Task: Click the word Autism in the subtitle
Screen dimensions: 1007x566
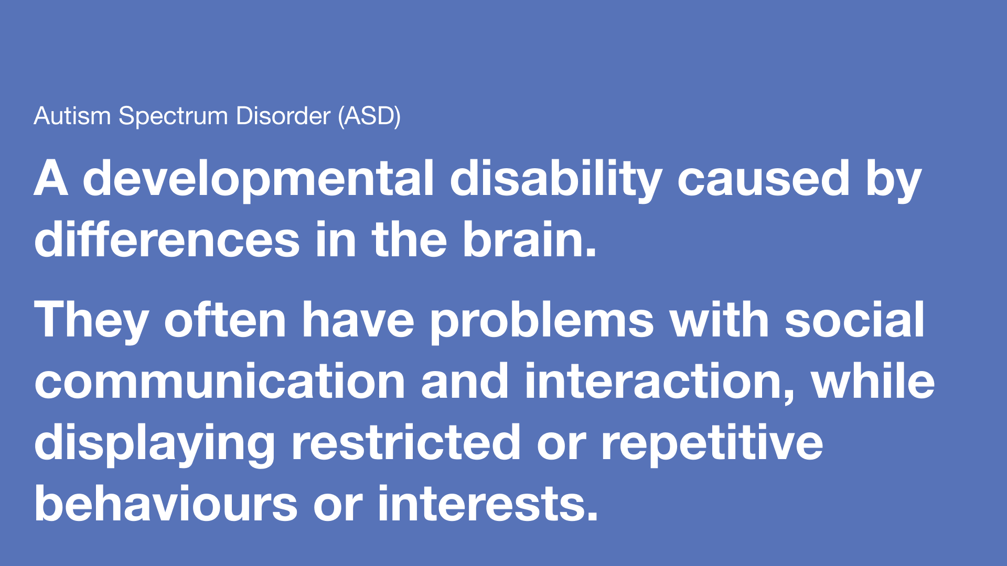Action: [x=72, y=116]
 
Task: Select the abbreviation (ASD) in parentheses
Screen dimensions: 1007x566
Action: [x=369, y=116]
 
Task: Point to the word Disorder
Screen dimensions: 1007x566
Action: [x=283, y=116]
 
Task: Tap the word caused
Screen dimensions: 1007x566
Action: [x=764, y=179]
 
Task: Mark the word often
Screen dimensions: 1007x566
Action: [x=225, y=320]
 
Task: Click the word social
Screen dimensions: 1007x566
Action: [x=854, y=320]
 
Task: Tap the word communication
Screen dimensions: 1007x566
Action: [x=220, y=381]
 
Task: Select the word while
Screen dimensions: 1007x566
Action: [x=873, y=381]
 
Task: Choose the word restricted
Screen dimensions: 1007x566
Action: [x=406, y=443]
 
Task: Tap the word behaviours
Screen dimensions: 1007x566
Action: [x=166, y=504]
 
